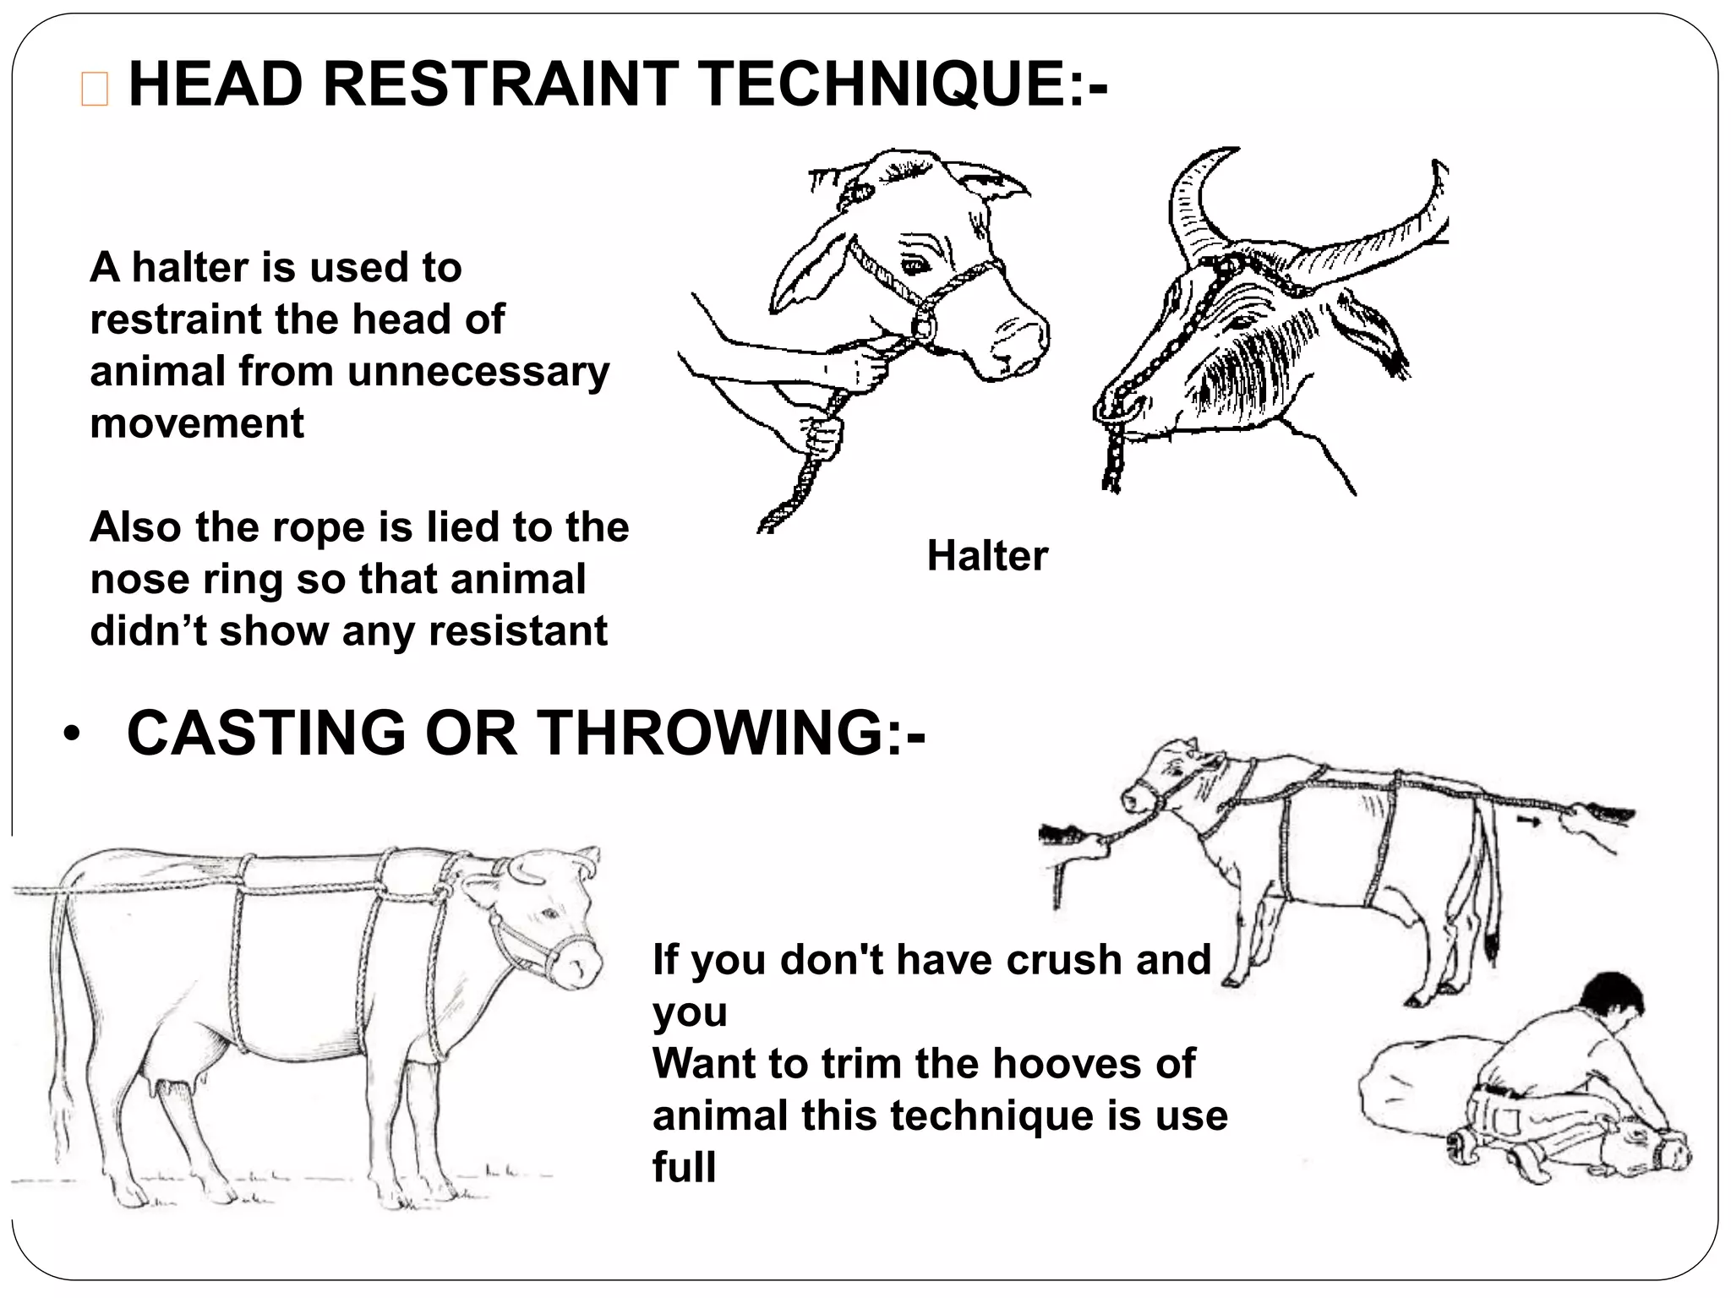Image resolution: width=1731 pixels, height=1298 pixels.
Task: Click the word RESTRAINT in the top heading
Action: (500, 85)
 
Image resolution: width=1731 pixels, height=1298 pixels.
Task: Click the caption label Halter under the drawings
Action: (986, 556)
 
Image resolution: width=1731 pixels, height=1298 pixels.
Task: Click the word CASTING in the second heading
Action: (266, 733)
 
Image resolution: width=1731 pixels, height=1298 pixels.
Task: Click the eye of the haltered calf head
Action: (915, 267)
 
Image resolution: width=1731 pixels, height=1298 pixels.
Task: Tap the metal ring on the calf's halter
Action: (923, 325)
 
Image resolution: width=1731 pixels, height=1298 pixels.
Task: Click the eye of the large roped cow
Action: (550, 914)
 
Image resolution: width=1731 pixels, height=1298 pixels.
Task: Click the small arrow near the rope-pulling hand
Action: (1526, 820)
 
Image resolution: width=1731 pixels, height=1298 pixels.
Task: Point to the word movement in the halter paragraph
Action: (196, 423)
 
